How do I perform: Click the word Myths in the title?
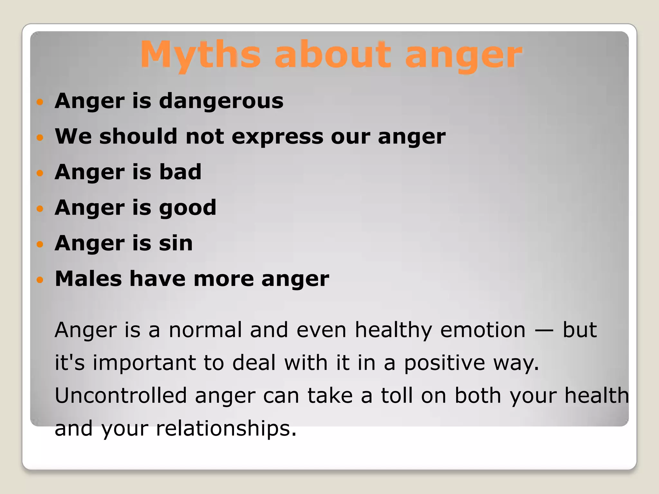point(200,55)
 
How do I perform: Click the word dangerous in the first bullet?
point(221,101)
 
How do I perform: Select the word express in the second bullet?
point(277,137)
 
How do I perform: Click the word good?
point(188,208)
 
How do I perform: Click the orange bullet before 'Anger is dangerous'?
point(40,102)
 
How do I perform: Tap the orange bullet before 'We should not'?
point(40,138)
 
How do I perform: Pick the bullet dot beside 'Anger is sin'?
point(40,244)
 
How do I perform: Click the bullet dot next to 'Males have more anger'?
point(40,280)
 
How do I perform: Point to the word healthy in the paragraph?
point(393,331)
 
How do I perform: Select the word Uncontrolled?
point(121,396)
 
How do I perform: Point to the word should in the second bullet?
point(138,137)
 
